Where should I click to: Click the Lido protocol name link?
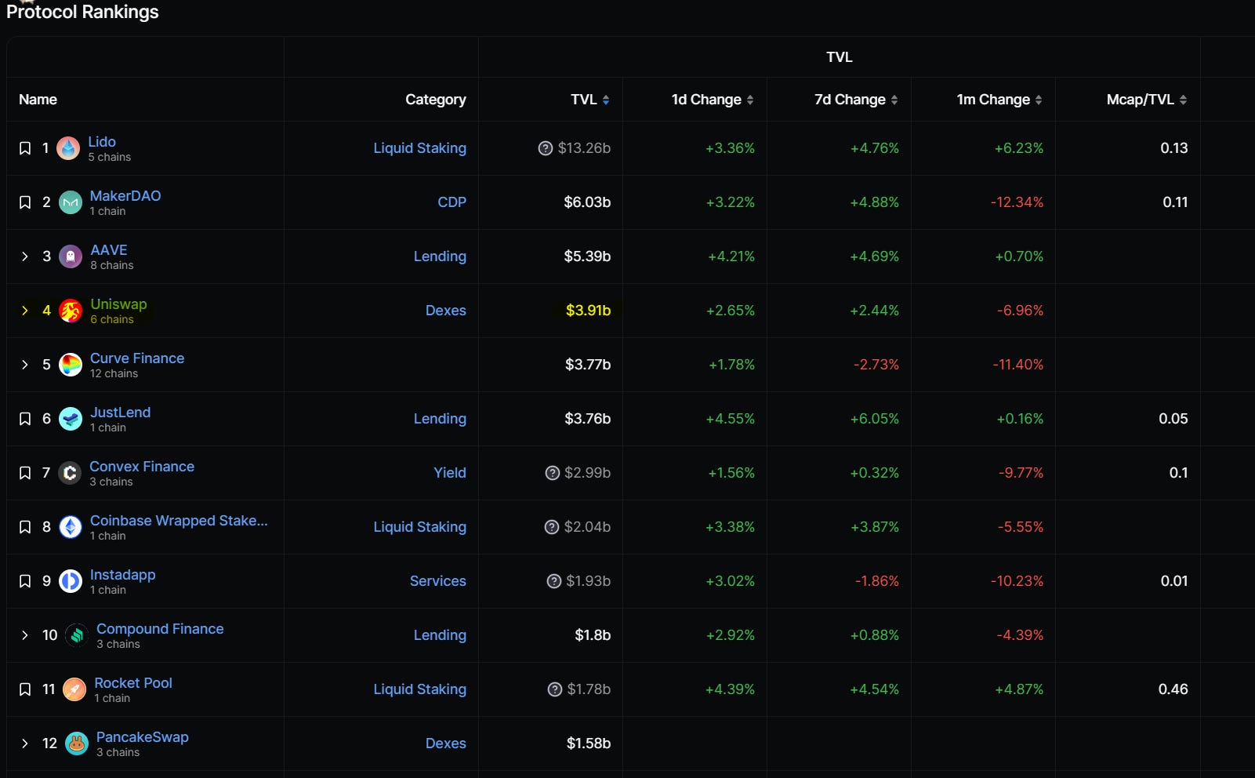tap(102, 142)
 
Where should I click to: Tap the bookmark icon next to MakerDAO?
tap(24, 202)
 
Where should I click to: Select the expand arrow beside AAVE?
tap(24, 256)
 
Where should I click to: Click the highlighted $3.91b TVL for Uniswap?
tap(588, 311)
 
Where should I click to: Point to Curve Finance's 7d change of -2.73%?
tap(876, 365)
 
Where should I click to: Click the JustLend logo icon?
tap(71, 419)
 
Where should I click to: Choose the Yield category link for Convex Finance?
tap(449, 472)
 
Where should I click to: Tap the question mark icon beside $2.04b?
tap(552, 527)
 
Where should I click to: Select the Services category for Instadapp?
tap(437, 580)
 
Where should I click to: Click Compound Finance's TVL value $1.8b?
tap(592, 635)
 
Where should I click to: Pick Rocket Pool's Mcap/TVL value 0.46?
tap(1173, 689)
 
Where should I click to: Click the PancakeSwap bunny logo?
tap(77, 743)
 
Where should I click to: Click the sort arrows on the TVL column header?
tap(606, 100)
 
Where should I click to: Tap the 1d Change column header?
tap(706, 100)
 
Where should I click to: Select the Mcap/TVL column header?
tap(1140, 100)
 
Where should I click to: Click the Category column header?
tap(435, 100)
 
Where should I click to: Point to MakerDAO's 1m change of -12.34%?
tap(1017, 202)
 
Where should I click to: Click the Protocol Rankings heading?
tap(82, 12)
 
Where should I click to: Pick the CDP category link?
tap(452, 202)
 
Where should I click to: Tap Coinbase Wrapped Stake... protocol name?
tap(179, 521)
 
